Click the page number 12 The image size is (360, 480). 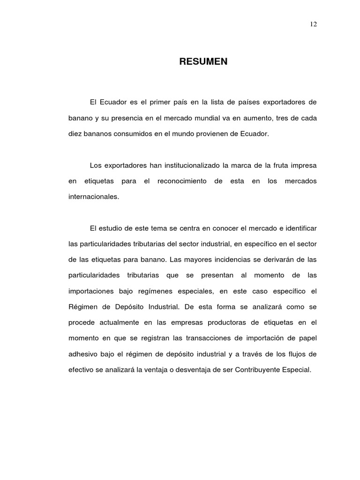[314, 24]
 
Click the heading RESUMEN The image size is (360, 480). [203, 61]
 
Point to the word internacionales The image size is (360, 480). [94, 197]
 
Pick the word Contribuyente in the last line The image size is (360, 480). [260, 370]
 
